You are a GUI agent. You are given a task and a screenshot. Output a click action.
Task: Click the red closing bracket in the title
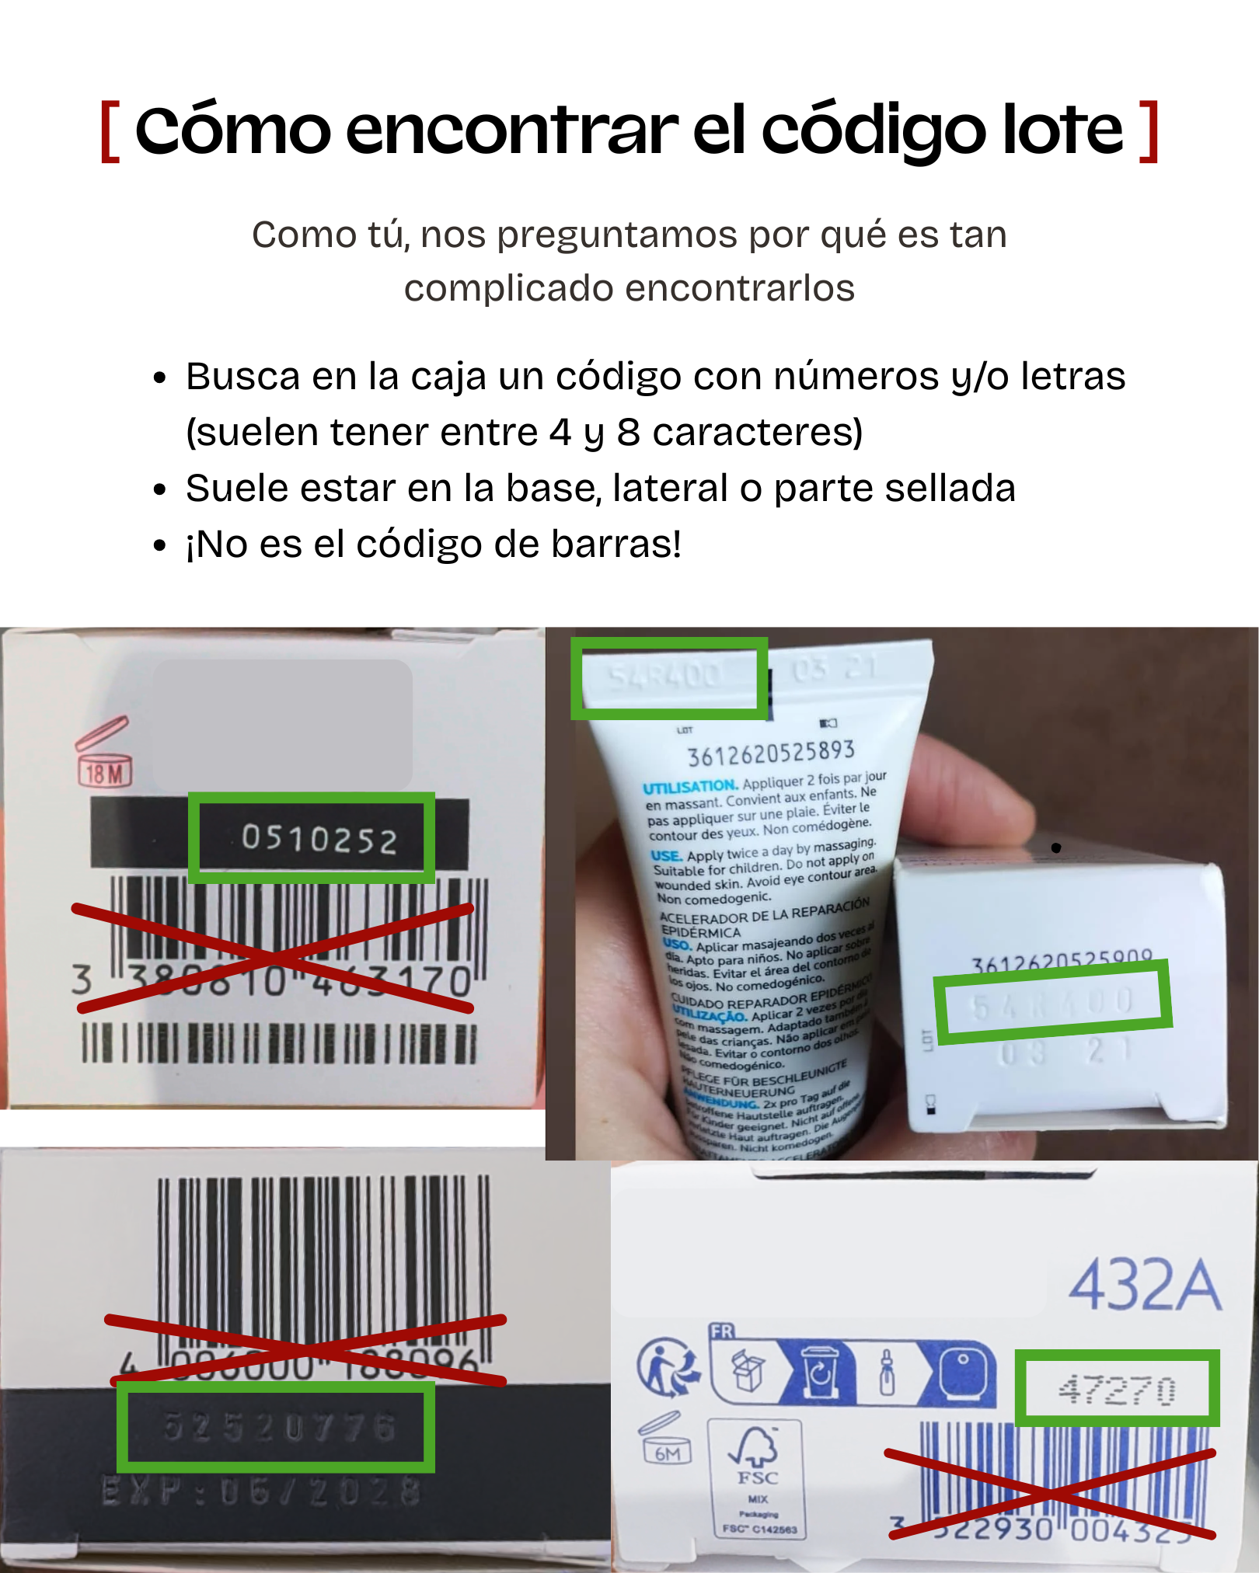[1149, 131]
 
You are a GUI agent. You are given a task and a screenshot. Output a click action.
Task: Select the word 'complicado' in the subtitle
[510, 288]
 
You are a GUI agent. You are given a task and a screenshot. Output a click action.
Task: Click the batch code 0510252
[319, 839]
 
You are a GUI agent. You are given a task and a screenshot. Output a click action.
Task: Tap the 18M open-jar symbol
[104, 753]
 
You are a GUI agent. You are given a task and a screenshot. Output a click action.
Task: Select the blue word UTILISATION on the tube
[689, 787]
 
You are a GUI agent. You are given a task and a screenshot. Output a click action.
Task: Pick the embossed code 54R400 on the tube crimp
[665, 676]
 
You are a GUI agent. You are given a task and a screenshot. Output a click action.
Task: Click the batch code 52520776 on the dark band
[279, 1427]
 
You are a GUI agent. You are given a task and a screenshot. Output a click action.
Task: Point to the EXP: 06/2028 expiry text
[261, 1492]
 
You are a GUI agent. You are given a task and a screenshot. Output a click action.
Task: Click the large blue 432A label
[1144, 1286]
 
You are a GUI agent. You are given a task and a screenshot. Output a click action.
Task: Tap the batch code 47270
[1117, 1390]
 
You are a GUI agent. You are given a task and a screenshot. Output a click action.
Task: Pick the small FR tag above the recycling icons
[721, 1331]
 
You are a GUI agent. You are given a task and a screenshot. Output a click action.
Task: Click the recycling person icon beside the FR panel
[667, 1367]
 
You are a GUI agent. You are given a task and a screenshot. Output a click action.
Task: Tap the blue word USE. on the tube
[667, 856]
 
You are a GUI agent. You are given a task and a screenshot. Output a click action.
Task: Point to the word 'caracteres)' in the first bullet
[757, 433]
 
